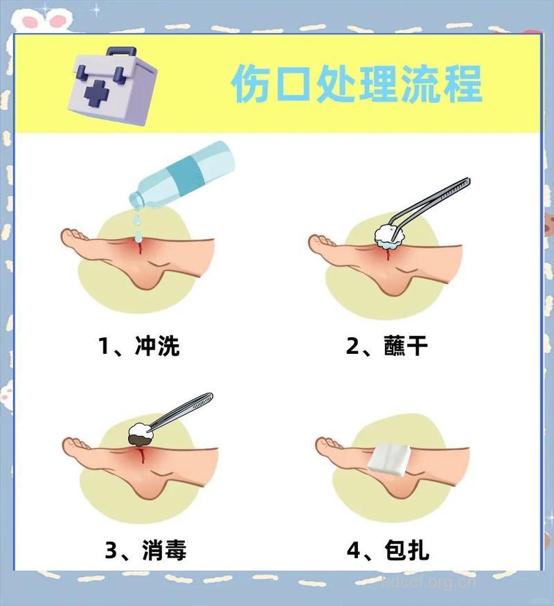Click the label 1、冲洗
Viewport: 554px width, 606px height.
138,344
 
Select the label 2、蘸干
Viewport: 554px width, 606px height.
387,344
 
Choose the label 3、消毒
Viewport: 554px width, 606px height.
145,551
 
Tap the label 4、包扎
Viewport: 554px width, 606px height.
388,551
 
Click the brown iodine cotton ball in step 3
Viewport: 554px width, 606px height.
142,434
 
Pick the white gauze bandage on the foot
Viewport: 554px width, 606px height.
391,457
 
